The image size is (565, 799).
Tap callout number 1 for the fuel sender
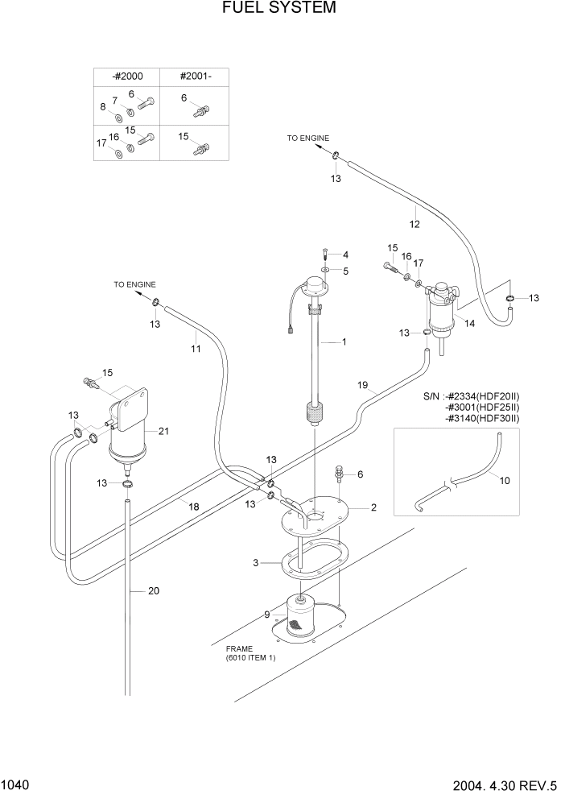pos(344,342)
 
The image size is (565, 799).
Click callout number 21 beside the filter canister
pos(163,432)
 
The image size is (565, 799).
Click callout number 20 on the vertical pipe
pos(155,590)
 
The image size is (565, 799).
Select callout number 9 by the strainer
pos(266,616)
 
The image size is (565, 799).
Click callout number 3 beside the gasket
pos(255,562)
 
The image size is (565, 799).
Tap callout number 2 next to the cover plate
pos(373,508)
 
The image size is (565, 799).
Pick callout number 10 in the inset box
pos(505,481)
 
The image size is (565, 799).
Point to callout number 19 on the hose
pos(363,386)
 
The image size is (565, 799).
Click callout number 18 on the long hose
pos(193,506)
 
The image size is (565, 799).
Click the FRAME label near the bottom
pos(240,648)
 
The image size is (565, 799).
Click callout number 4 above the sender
pos(344,255)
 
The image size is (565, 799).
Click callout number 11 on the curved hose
pos(194,349)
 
